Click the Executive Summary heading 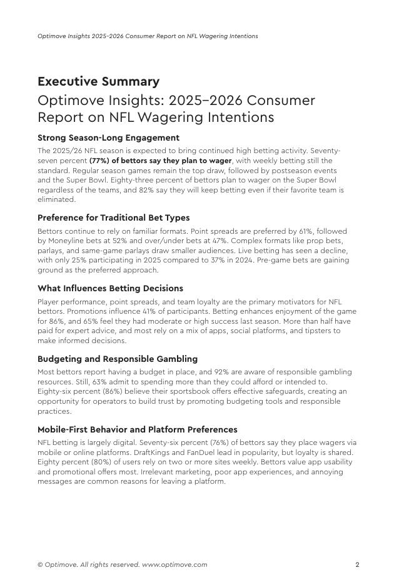pos(98,82)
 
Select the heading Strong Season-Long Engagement pos(108,137)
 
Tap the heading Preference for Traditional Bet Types pos(113,217)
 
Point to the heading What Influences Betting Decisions pos(110,288)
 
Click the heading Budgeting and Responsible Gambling pos(118,359)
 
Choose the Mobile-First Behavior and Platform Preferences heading pos(137,429)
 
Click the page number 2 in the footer pos(357,565)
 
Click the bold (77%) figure pos(99,161)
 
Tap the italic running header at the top pos(148,36)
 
